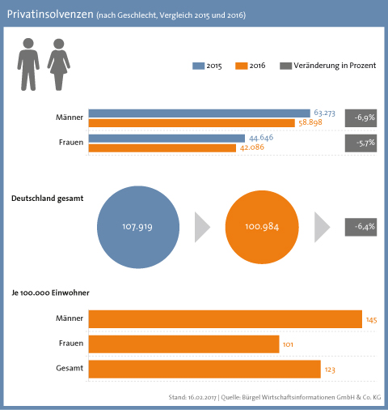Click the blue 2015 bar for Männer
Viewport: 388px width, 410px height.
(200, 113)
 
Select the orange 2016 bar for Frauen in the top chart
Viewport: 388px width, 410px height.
(162, 148)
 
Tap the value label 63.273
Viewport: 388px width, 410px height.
(324, 113)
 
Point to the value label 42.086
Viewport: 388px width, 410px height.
(252, 147)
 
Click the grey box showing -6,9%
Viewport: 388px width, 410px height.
(361, 118)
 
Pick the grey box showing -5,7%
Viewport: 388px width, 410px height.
(361, 143)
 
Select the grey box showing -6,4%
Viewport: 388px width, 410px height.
(361, 227)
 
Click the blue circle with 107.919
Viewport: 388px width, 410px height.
(138, 227)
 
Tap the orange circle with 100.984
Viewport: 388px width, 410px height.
(262, 227)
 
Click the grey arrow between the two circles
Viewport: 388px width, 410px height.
(201, 227)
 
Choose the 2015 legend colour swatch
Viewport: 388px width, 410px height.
(198, 66)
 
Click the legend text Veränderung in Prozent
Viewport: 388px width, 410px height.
(335, 66)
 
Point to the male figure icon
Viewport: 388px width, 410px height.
(28, 64)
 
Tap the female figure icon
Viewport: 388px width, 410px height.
(59, 64)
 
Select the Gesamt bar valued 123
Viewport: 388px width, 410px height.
(205, 369)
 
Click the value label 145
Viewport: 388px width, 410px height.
(371, 320)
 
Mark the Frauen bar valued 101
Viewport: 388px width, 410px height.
(183, 344)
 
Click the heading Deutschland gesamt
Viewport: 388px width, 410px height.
(48, 199)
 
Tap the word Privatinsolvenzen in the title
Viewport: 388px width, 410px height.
(50, 15)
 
